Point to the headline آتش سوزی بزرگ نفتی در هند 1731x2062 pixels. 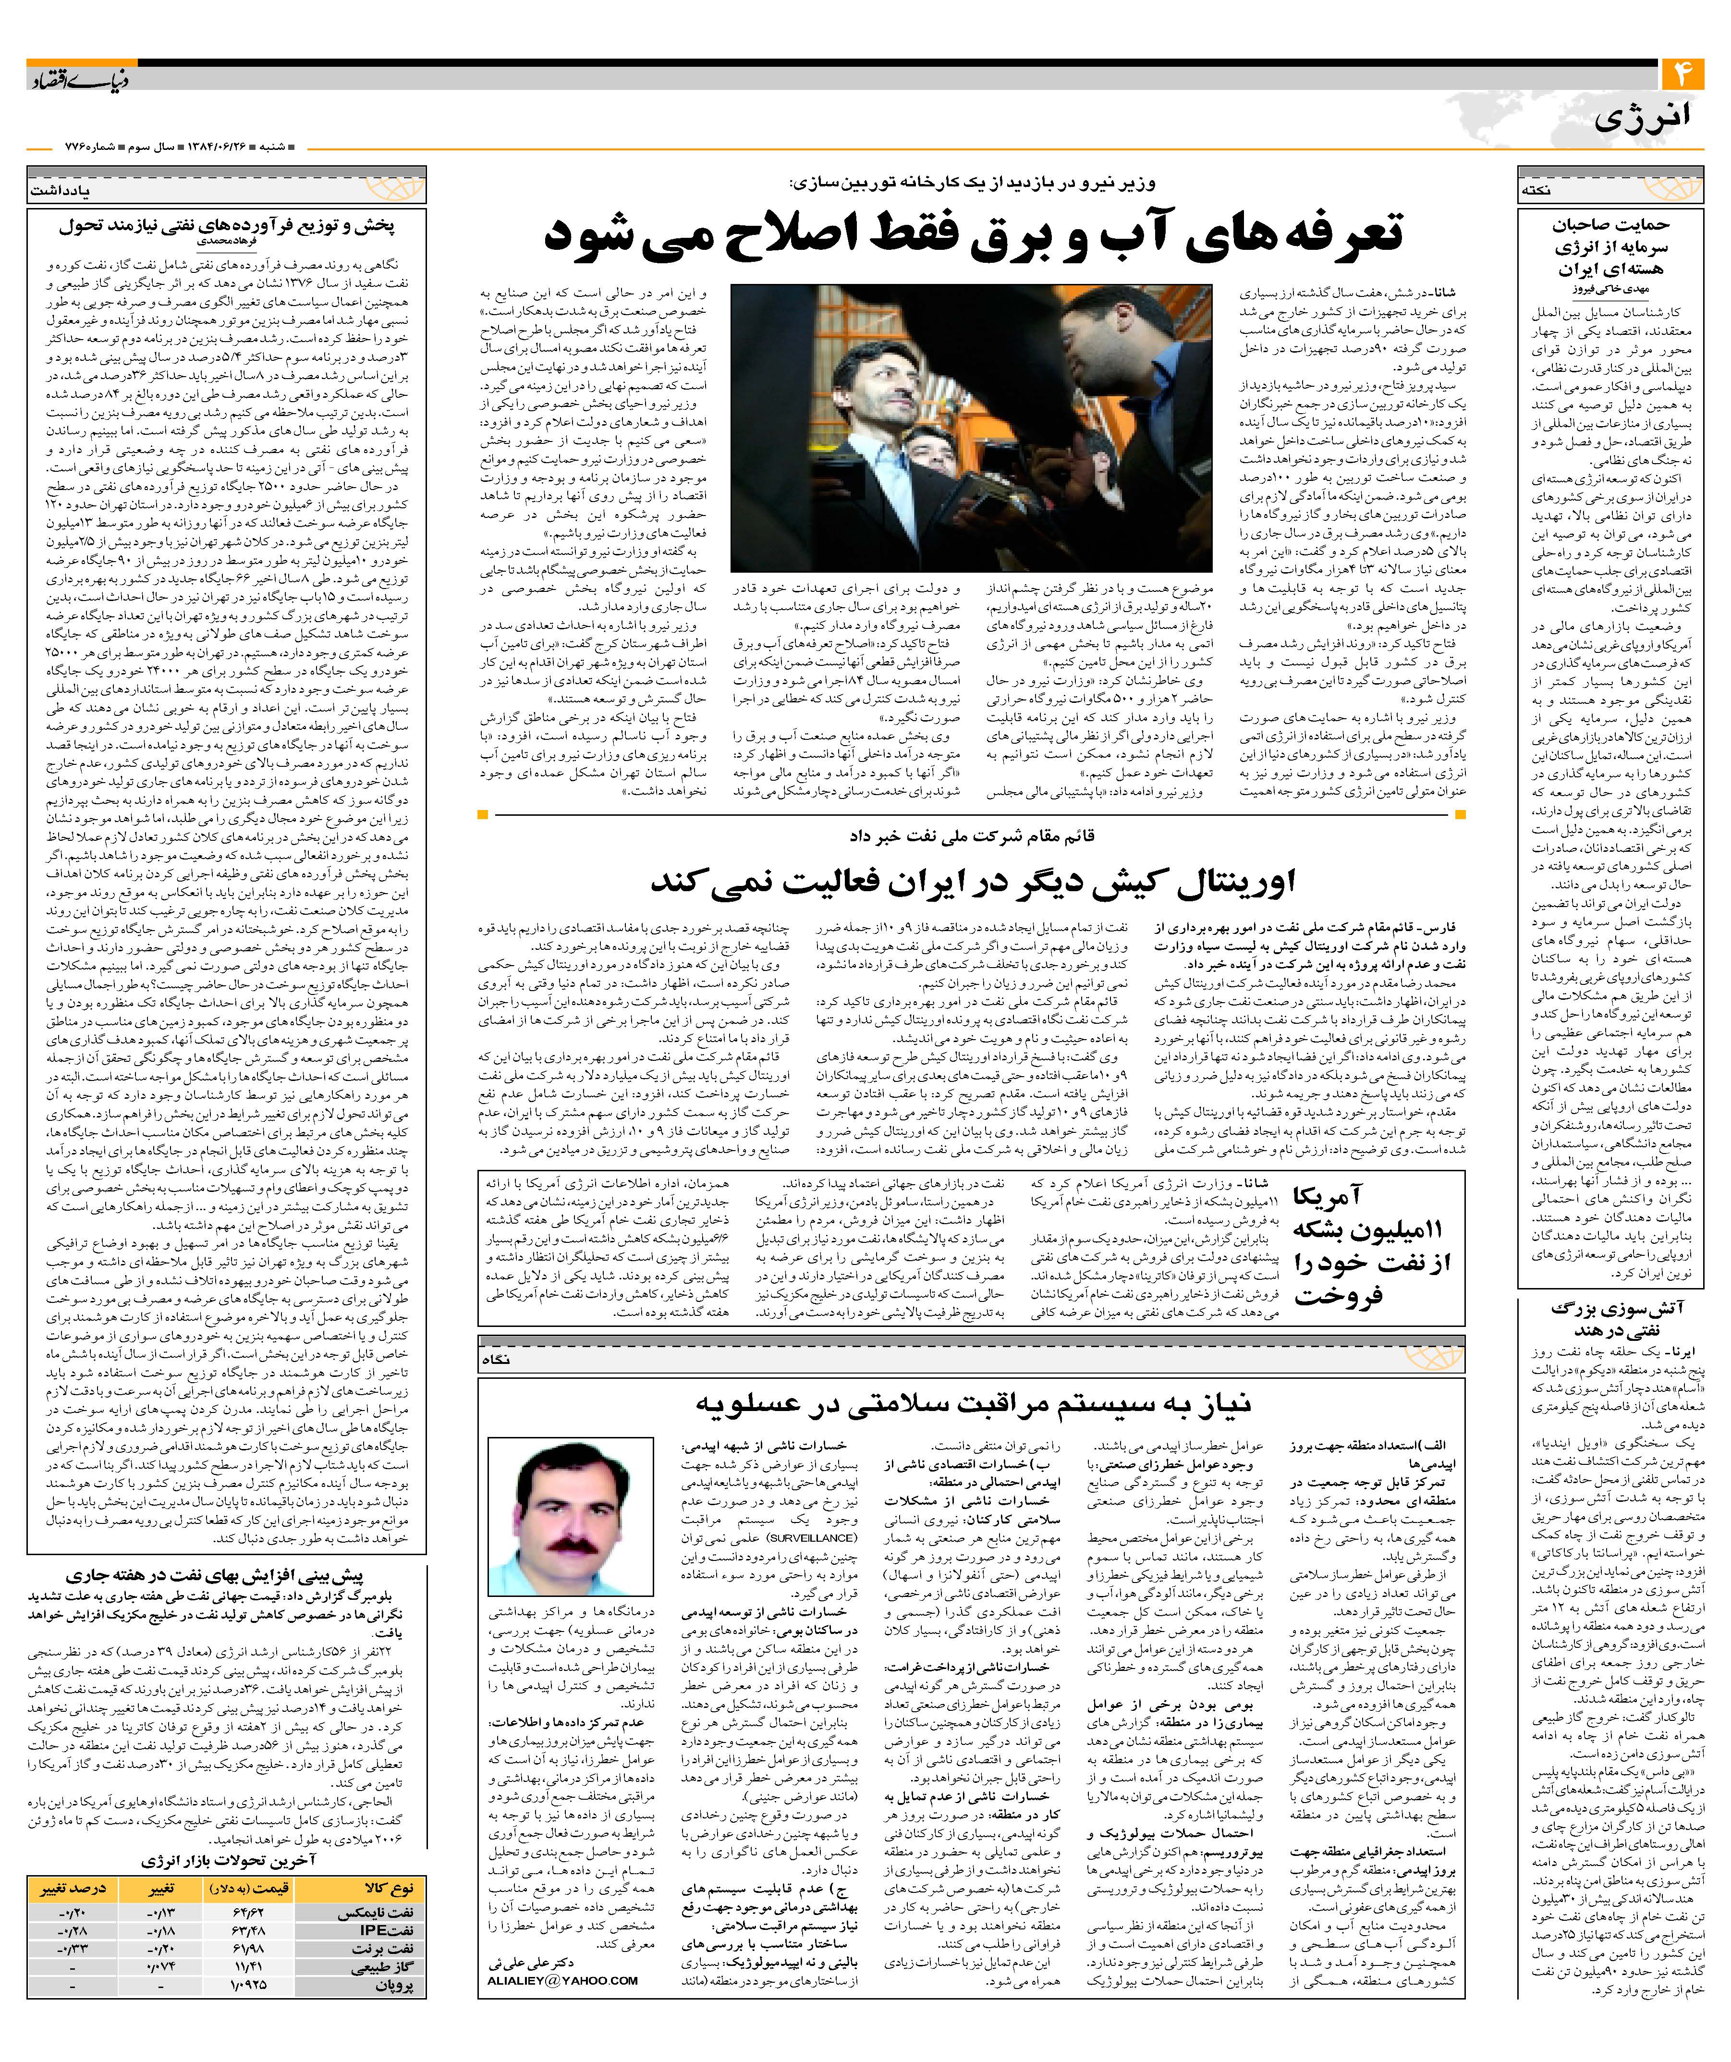pos(1615,1318)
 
